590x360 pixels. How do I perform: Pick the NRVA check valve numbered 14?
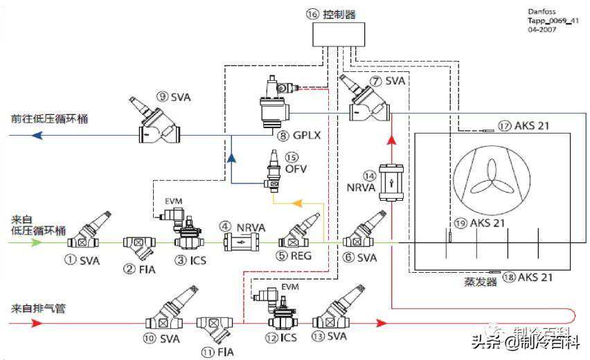click(x=392, y=183)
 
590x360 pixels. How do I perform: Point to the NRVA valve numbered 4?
click(x=241, y=242)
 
